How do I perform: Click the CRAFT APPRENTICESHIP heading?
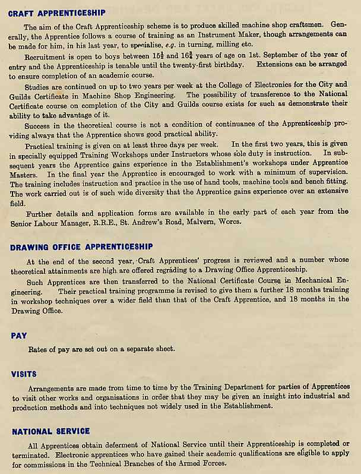tap(57, 12)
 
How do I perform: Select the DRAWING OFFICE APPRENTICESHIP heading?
tap(82, 247)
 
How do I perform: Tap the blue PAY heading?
tap(19, 336)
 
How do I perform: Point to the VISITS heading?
tap(24, 374)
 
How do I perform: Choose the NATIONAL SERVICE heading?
tap(51, 431)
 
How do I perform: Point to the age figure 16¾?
tap(186, 55)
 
